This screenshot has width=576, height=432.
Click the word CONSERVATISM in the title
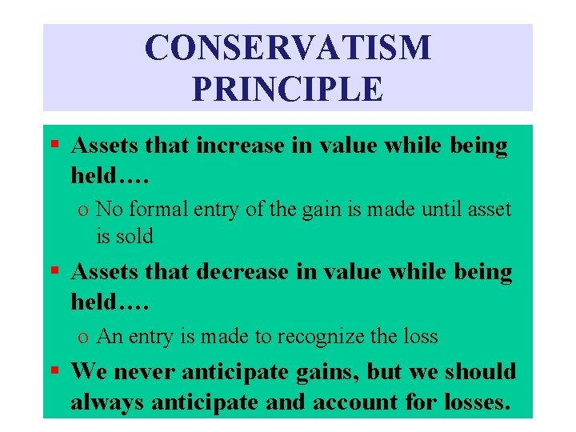(x=287, y=49)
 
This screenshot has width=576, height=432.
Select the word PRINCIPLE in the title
(x=287, y=89)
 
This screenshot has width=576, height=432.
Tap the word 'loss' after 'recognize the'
(x=420, y=337)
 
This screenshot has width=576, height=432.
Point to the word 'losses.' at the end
(x=472, y=402)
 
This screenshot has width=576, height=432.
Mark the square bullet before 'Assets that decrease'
(x=54, y=271)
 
